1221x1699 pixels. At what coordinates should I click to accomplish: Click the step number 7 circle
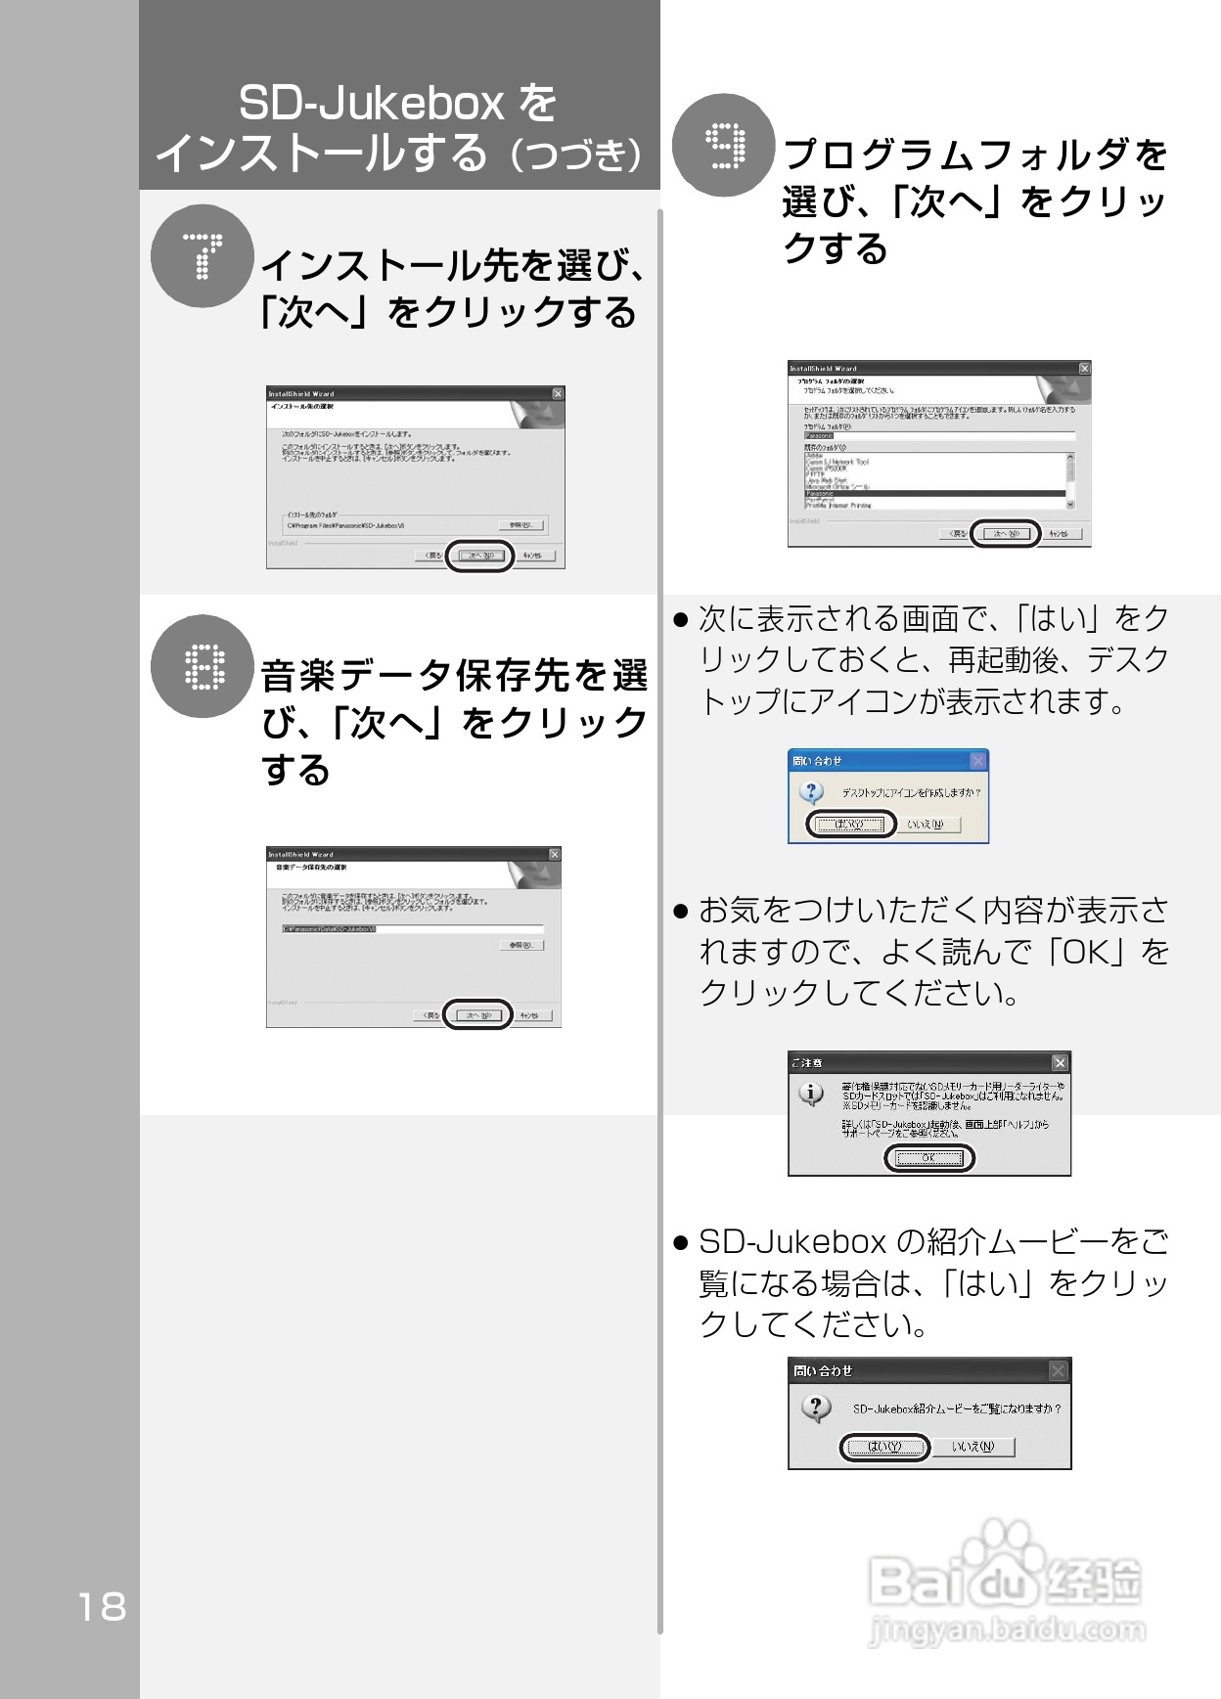pos(203,256)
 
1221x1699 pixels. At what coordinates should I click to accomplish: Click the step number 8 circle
pos(203,666)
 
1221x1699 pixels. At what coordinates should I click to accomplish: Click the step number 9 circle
pos(724,146)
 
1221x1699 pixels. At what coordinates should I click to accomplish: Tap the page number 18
pos(102,1606)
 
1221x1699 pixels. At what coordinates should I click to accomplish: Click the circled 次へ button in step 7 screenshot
pos(479,556)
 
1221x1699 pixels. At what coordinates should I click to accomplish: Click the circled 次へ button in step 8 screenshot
pos(477,1015)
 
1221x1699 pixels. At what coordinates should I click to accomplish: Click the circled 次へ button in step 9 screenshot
pos(1005,534)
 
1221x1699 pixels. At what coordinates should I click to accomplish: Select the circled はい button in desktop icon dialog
pos(850,825)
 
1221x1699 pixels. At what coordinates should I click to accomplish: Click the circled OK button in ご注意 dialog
pos(928,1158)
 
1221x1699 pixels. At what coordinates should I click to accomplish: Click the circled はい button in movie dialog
pos(884,1447)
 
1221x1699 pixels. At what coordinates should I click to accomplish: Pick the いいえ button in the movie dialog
pos(972,1447)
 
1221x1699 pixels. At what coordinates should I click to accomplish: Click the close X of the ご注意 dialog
pos(1060,1062)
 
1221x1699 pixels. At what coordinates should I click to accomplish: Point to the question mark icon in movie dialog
pos(816,1408)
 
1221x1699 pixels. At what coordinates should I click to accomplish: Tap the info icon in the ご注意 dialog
pos(811,1094)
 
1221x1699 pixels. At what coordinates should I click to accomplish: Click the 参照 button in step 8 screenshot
pos(521,945)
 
